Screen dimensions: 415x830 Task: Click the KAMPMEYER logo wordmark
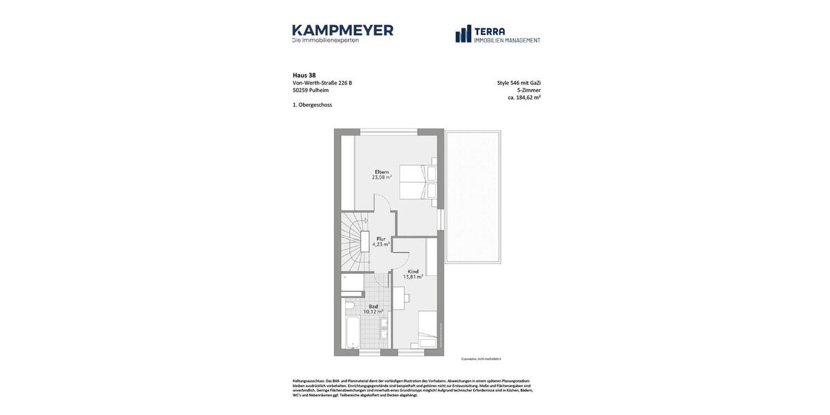click(x=342, y=30)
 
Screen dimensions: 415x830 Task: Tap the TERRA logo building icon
click(x=463, y=34)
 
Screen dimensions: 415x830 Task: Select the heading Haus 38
click(x=304, y=75)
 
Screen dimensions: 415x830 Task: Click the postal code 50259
click(x=300, y=91)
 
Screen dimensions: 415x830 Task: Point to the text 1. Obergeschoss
click(x=312, y=105)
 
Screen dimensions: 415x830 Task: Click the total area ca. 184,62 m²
click(x=524, y=98)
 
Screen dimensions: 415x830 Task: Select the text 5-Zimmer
click(x=528, y=90)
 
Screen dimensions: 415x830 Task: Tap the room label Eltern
click(x=382, y=172)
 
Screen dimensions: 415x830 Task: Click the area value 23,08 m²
click(x=382, y=178)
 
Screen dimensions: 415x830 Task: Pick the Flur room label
click(x=381, y=239)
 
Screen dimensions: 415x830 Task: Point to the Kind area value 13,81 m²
click(x=413, y=277)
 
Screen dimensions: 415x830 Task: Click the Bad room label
click(x=373, y=306)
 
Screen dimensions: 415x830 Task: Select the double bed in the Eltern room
click(x=418, y=182)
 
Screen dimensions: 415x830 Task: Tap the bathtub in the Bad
click(x=353, y=333)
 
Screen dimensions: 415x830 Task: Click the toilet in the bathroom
click(x=350, y=304)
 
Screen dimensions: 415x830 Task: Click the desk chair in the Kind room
click(x=406, y=298)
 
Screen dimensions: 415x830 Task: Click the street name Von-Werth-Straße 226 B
click(x=322, y=83)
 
